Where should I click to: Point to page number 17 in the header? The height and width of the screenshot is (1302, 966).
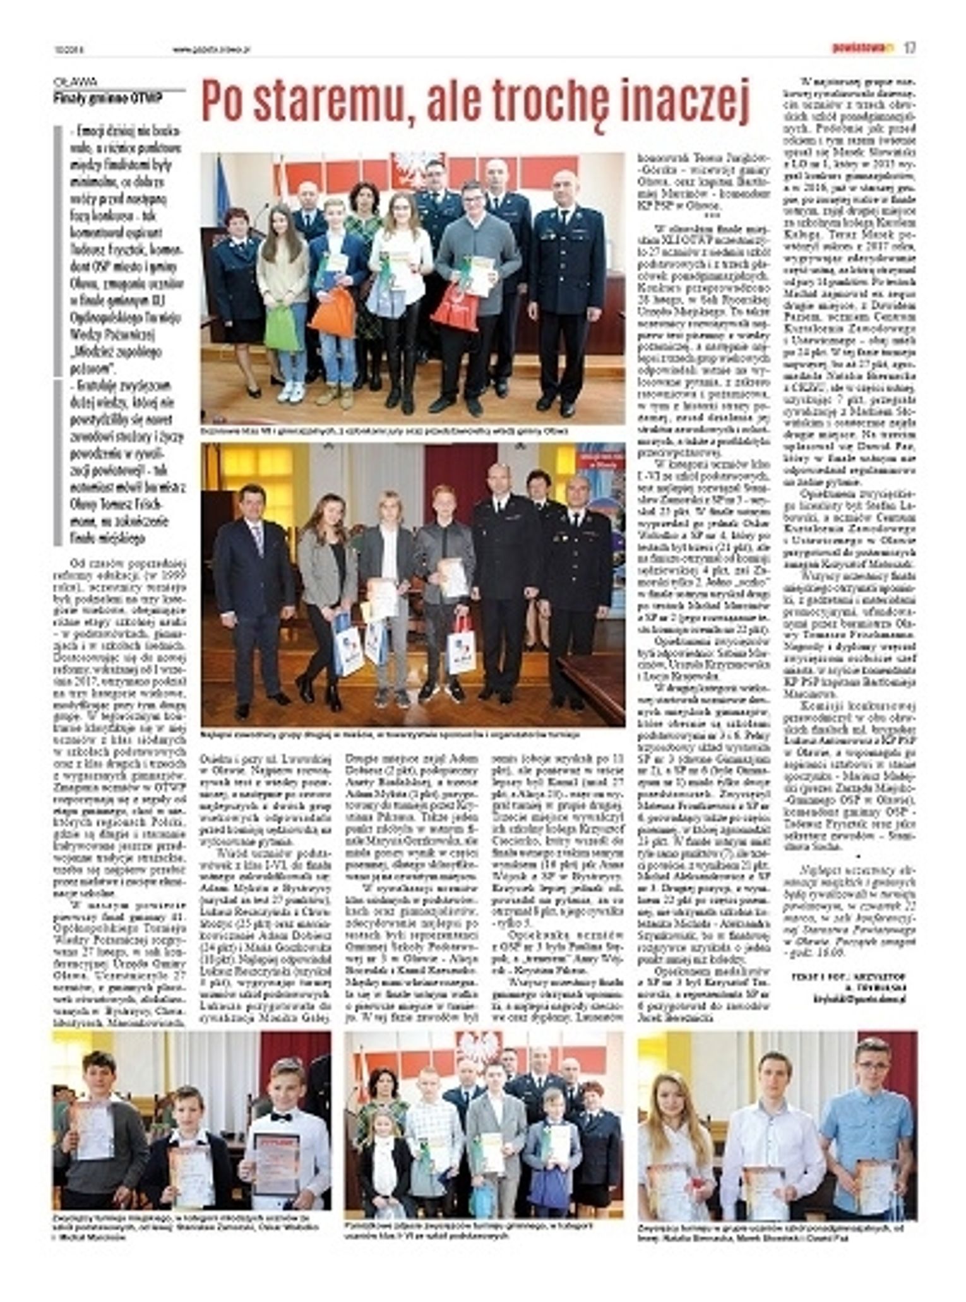tap(909, 48)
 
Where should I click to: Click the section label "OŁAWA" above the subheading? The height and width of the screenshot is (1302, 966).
tap(75, 81)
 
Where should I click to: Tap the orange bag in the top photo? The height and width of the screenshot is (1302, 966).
tap(332, 313)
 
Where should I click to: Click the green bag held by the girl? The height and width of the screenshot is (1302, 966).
tap(281, 328)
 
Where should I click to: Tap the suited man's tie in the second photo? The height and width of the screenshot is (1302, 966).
tap(258, 540)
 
